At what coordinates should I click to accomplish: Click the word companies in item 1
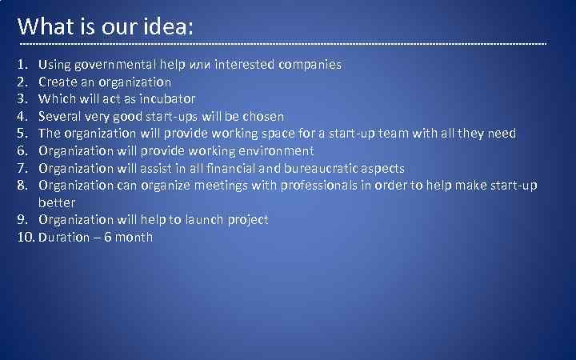point(310,64)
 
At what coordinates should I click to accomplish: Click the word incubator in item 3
point(166,99)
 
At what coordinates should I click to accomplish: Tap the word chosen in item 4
point(262,116)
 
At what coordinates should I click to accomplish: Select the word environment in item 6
point(274,150)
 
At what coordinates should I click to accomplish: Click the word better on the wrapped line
point(57,202)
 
